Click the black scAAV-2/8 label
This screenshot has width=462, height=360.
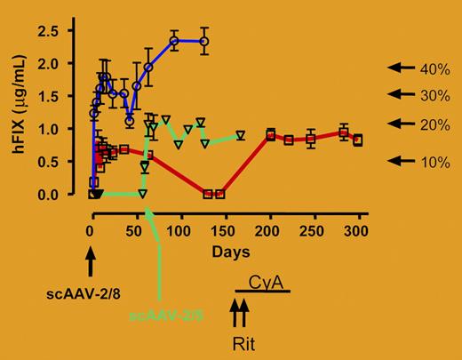tap(90, 290)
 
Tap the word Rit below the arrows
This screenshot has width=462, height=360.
tap(243, 343)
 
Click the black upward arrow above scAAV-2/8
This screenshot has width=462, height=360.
tap(90, 262)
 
